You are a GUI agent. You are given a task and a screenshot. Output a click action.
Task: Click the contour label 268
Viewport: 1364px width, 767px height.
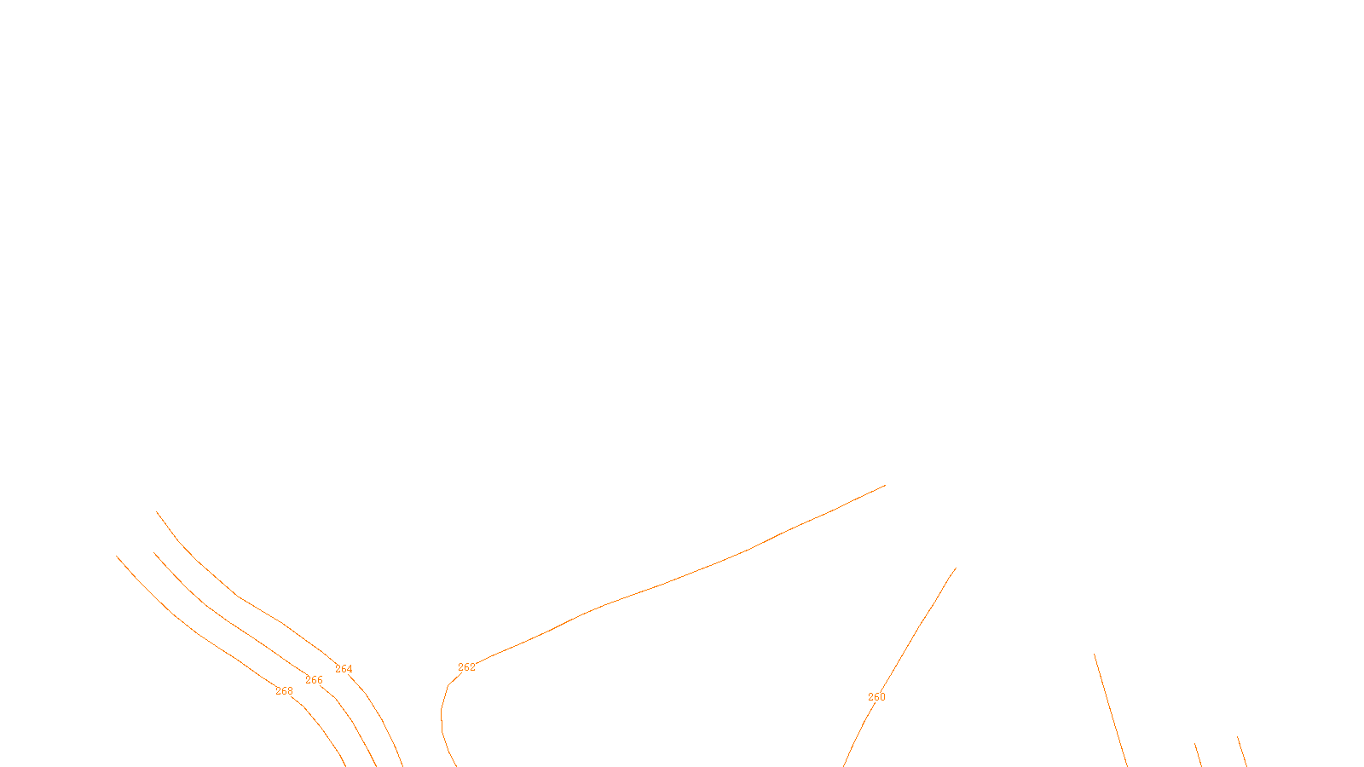[x=284, y=691]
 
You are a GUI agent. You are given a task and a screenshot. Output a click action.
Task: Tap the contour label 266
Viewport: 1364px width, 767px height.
[x=314, y=680]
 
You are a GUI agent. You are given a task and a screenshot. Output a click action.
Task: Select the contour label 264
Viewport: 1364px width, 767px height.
[x=344, y=669]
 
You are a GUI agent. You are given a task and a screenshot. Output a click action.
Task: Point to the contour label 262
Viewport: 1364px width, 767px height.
[x=466, y=667]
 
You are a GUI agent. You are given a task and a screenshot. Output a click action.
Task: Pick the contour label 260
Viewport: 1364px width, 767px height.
[x=876, y=697]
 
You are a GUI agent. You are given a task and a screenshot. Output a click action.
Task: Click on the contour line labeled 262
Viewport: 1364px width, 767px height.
[x=665, y=582]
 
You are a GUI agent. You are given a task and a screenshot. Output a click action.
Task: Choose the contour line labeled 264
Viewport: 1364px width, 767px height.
[x=239, y=597]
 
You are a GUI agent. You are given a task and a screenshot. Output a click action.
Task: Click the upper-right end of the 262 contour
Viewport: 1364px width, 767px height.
[x=885, y=486]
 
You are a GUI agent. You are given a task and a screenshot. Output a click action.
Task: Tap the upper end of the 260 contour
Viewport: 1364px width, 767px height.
[x=956, y=568]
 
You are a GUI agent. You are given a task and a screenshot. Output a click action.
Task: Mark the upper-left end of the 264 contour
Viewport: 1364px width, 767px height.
[x=157, y=512]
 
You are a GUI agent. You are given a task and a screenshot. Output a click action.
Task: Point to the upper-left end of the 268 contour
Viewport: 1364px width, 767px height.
[x=117, y=557]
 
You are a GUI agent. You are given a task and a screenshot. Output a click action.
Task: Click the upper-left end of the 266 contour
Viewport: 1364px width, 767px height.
[x=154, y=553]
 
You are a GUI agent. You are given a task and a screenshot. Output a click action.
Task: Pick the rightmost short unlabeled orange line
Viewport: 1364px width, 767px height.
[x=1242, y=752]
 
